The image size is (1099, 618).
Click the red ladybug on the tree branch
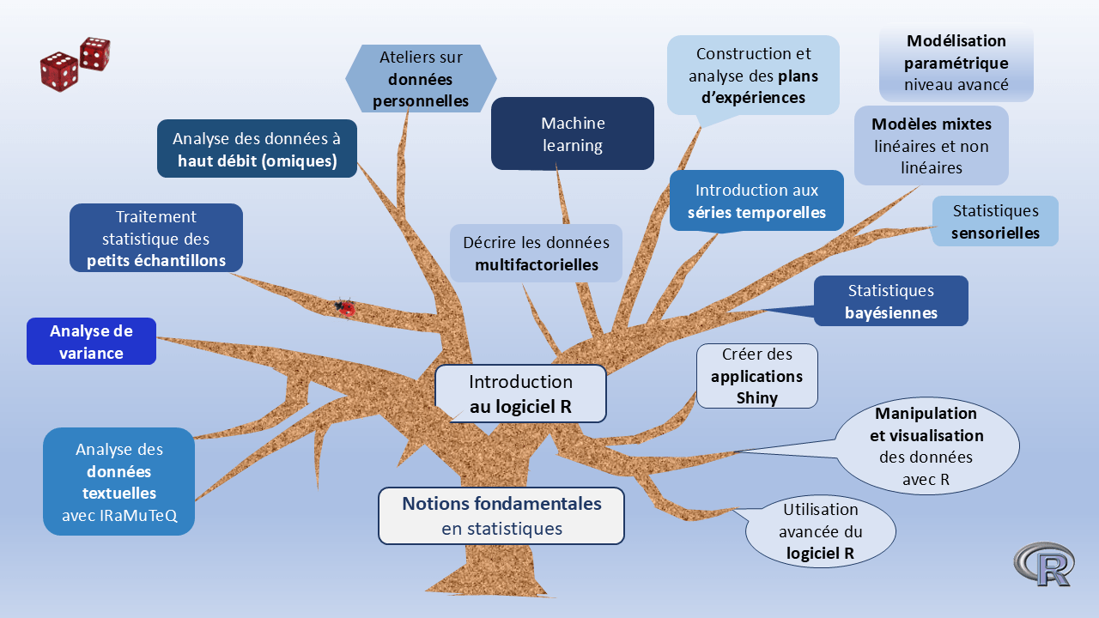coord(345,306)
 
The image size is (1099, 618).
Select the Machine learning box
coord(573,134)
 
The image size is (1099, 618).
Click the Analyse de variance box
coord(91,342)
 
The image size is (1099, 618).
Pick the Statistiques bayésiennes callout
coord(890,301)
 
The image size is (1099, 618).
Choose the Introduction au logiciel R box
coord(520,394)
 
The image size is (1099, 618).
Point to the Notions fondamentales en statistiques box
coord(501,516)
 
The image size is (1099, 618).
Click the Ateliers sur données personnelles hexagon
coord(421,79)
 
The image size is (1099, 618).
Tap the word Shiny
coord(756,398)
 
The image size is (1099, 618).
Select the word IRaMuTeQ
coord(118,516)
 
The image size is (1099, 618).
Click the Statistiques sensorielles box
coord(995,221)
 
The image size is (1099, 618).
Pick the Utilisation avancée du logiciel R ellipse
coord(820,531)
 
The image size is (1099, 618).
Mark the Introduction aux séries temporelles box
coord(756,201)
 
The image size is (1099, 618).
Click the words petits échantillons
coord(156,262)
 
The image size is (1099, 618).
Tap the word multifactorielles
coord(537,265)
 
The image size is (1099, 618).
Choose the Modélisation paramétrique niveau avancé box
coord(956,63)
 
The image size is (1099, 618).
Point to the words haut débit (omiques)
coord(257,161)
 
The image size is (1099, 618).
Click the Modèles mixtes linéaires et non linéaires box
coord(931,146)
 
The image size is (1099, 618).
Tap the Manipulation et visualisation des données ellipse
coord(926,446)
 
